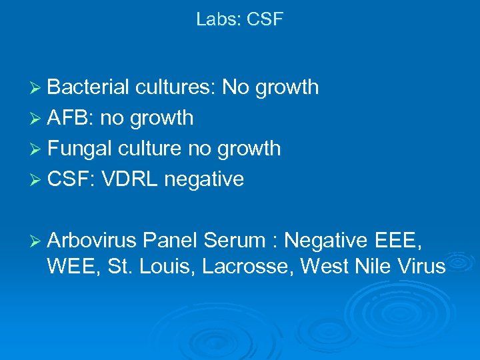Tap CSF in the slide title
click(265, 19)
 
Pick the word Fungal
click(80, 149)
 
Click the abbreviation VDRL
click(131, 179)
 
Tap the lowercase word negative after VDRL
click(206, 179)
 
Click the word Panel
click(171, 238)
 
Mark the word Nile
click(374, 267)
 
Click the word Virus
click(420, 267)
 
